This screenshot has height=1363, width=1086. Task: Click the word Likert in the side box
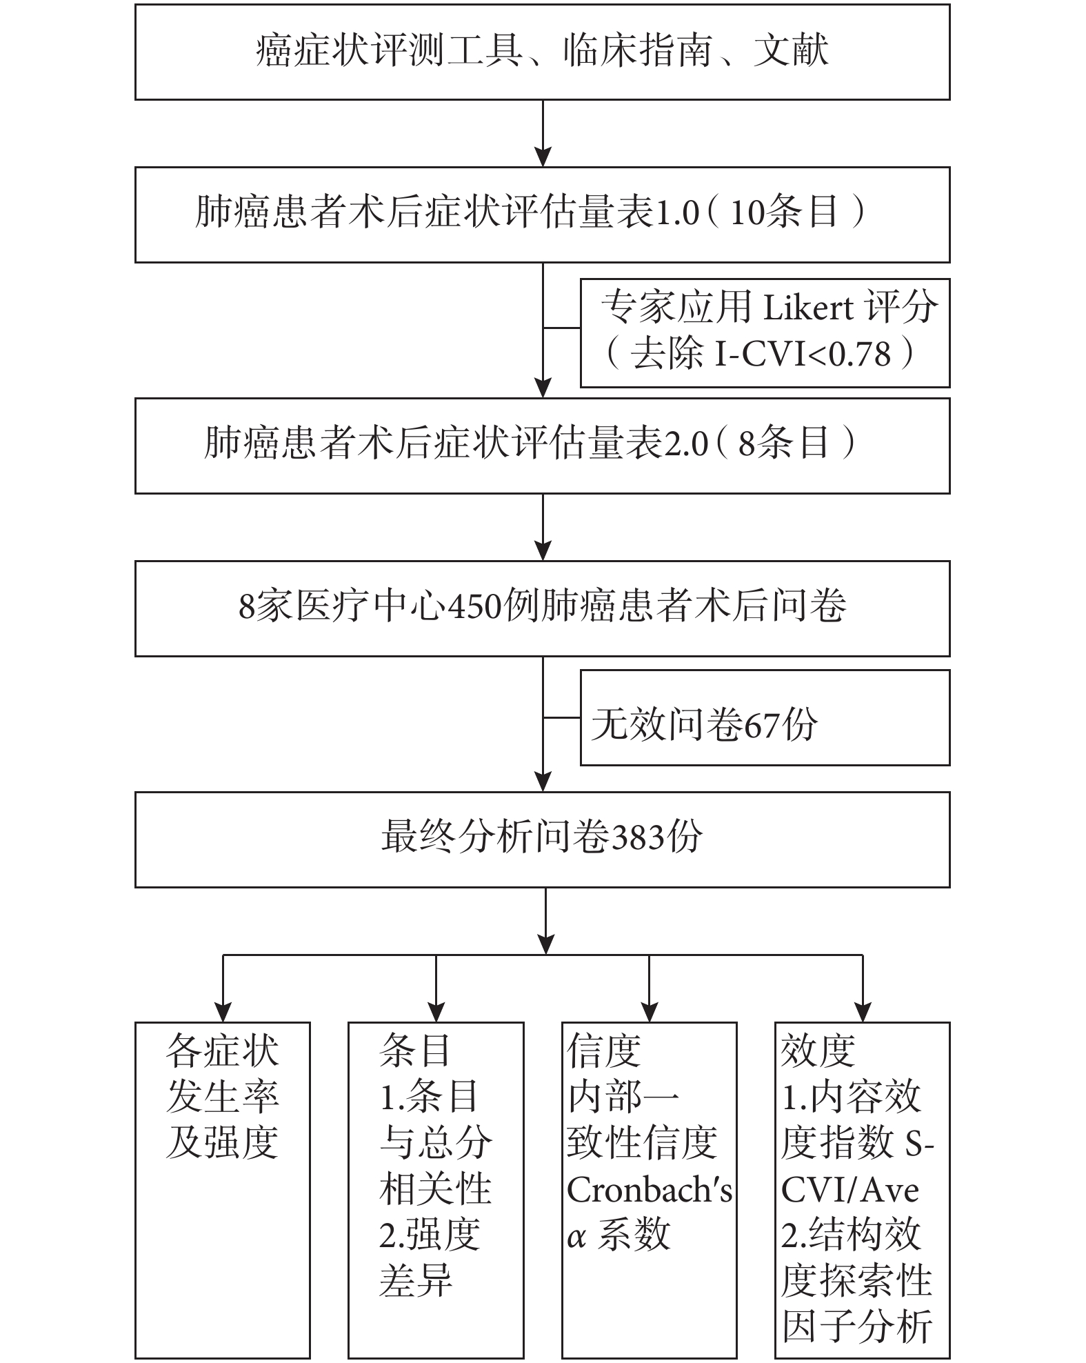[x=810, y=308]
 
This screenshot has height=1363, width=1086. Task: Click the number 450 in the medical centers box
[x=475, y=608]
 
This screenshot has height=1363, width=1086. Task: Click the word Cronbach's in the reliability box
[x=649, y=1191]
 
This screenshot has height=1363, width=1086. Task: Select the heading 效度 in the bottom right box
[x=817, y=1051]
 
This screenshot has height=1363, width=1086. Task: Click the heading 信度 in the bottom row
[x=604, y=1051]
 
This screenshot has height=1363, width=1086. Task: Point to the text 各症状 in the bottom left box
[x=222, y=1051]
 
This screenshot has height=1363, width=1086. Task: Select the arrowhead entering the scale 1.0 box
[x=543, y=157]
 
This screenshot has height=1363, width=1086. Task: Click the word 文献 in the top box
[x=791, y=51]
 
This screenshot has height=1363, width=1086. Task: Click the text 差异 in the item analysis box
[x=415, y=1282]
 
